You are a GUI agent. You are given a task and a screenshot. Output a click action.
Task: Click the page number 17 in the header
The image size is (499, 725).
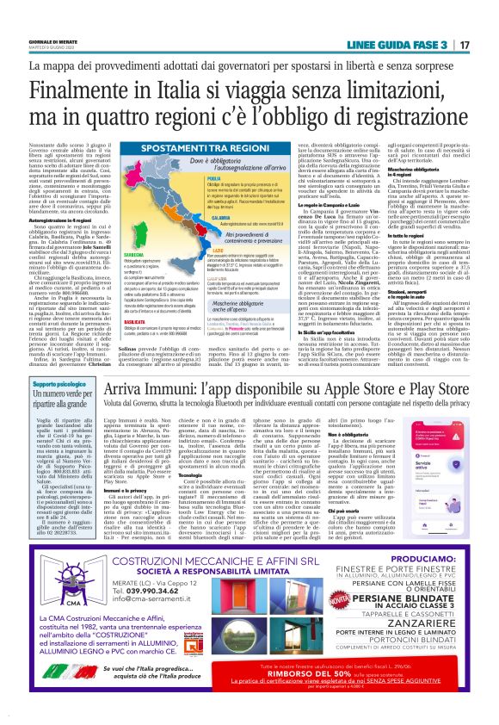point(464,44)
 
